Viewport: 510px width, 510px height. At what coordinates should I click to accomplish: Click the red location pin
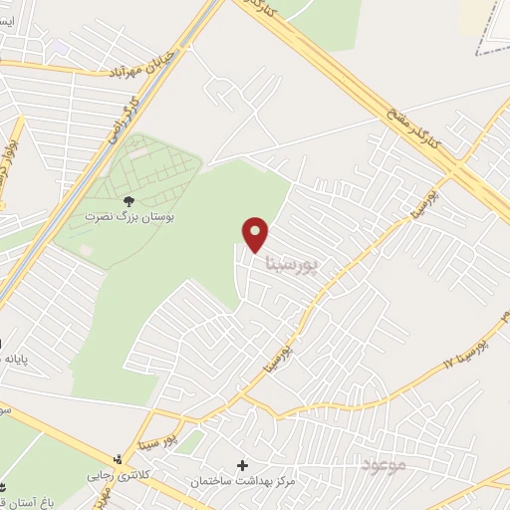click(256, 233)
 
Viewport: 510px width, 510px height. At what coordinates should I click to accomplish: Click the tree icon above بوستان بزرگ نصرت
click(127, 201)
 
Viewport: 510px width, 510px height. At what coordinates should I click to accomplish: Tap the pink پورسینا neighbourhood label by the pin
click(295, 263)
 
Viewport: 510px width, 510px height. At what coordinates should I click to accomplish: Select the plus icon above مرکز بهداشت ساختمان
click(241, 465)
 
